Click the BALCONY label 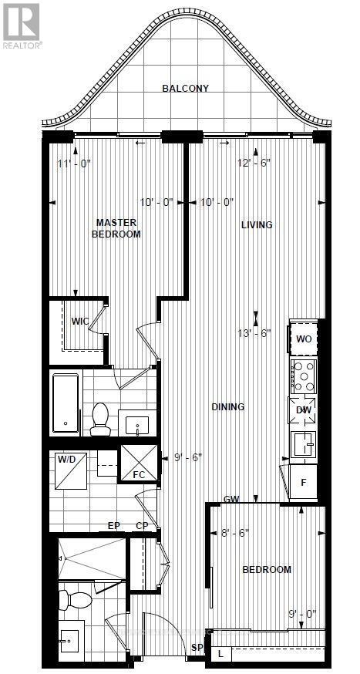tap(185, 89)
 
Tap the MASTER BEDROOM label tap(116, 228)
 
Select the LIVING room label tap(257, 225)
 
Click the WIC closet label tap(81, 321)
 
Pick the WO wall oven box tap(304, 339)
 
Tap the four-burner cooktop tap(303, 376)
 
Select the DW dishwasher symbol tap(303, 410)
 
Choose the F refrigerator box tap(303, 481)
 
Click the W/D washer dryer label tap(67, 460)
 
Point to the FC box tap(139, 473)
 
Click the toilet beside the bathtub tap(100, 418)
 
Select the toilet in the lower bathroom tap(75, 598)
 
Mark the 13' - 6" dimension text tap(255, 333)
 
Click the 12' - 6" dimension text tap(255, 163)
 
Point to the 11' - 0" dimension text tap(75, 163)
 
